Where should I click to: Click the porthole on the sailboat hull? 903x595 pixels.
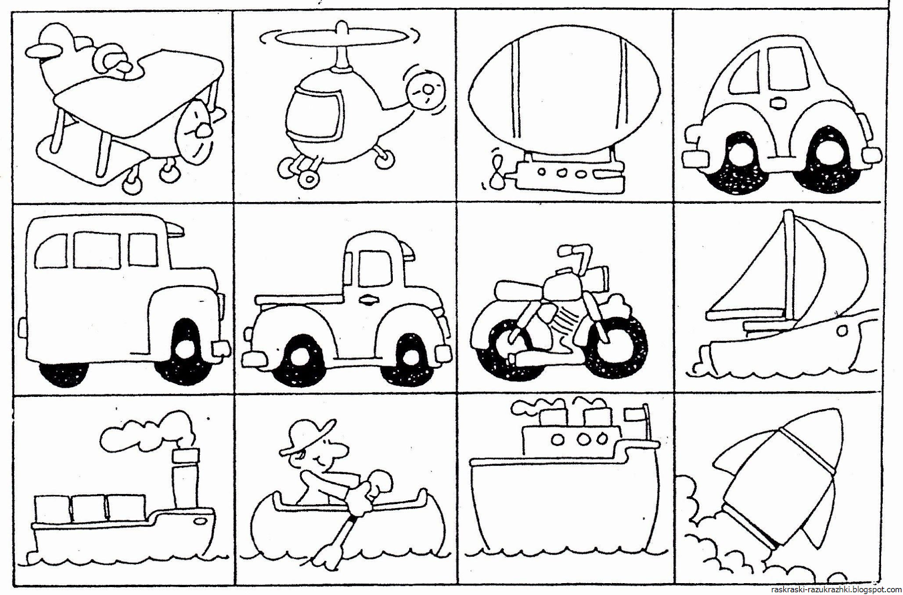pos(840,331)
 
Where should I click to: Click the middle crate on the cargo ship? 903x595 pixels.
pos(90,509)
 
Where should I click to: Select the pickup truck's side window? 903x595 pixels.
pos(375,269)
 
